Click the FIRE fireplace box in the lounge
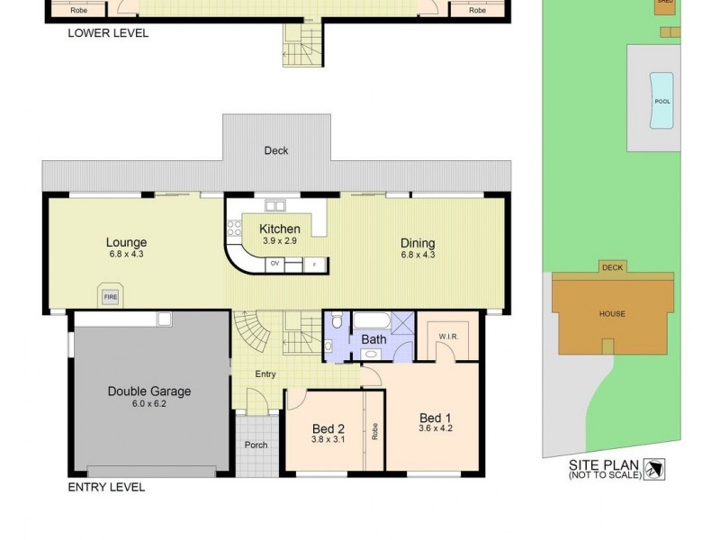click(112, 295)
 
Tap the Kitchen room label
click(279, 229)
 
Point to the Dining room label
click(418, 243)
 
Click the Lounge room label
click(126, 242)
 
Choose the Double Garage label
click(149, 391)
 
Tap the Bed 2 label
click(328, 429)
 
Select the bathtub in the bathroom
click(371, 320)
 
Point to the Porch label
click(256, 445)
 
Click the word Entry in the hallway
click(265, 374)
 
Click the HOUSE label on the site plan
click(612, 314)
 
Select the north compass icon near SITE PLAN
click(655, 468)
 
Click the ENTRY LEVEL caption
click(106, 487)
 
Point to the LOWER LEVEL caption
click(108, 33)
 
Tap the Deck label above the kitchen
click(276, 150)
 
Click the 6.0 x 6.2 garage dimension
click(149, 405)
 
